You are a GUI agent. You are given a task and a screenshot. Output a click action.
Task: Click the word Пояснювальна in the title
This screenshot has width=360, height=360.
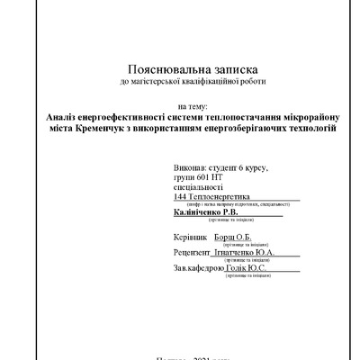pos(157,69)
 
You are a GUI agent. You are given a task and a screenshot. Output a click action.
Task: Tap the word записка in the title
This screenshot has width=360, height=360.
pos(222,69)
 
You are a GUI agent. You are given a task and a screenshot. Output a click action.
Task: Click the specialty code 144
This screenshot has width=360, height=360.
pos(180,198)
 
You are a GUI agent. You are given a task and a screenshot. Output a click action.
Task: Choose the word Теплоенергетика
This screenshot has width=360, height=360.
pos(219,198)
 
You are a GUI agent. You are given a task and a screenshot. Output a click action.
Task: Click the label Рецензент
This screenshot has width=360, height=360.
pos(193,253)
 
